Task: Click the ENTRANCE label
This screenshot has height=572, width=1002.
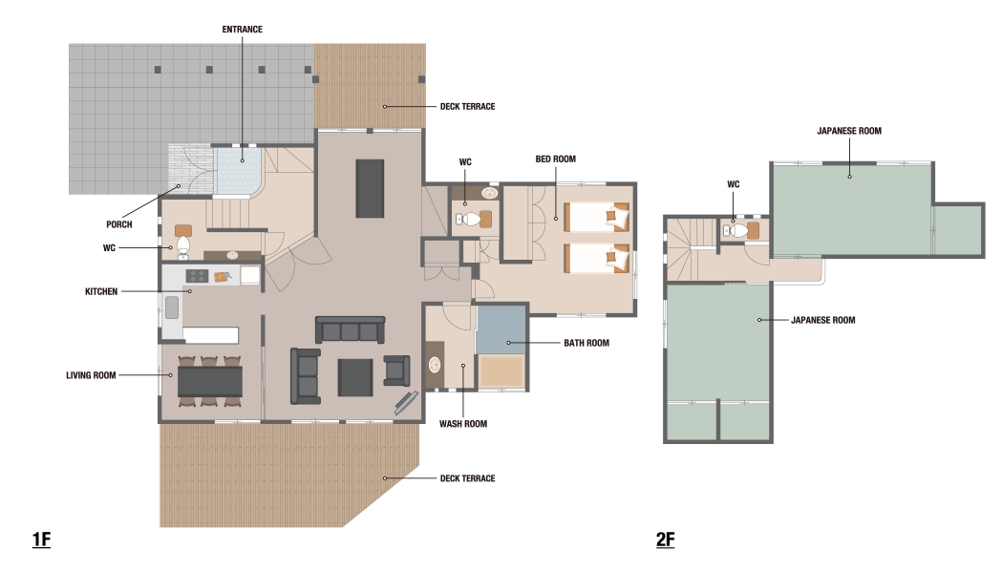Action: (x=243, y=30)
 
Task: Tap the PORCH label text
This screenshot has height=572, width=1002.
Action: (x=118, y=224)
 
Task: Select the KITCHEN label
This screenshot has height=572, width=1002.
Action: (x=101, y=291)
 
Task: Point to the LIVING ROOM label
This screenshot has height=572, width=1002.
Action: (x=91, y=375)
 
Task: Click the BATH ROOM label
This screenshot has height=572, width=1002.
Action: (x=586, y=343)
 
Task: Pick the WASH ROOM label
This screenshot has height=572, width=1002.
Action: (x=462, y=424)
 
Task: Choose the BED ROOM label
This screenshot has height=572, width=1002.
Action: (x=555, y=159)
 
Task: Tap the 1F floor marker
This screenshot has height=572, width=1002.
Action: (x=41, y=540)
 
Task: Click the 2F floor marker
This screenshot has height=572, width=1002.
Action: (x=665, y=540)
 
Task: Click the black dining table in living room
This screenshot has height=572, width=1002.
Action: (x=209, y=382)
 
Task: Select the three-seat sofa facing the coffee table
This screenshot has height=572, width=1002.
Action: (x=350, y=329)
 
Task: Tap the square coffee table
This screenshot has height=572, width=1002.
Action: (x=355, y=378)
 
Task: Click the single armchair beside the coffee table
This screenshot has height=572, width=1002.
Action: (x=396, y=371)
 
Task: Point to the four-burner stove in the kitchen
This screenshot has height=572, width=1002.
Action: (x=197, y=276)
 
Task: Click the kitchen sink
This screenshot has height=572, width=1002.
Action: (x=172, y=307)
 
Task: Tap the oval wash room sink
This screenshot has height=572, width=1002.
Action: (x=435, y=365)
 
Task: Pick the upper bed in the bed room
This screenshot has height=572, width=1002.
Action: (x=596, y=217)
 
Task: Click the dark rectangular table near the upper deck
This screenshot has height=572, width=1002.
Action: (x=370, y=188)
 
